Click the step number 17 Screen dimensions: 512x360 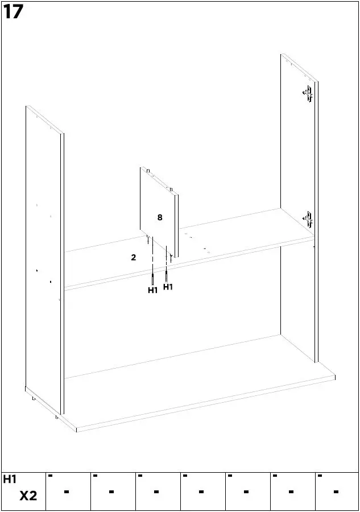tap(13, 12)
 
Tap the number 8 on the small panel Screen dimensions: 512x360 tap(160, 217)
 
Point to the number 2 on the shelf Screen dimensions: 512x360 tap(134, 258)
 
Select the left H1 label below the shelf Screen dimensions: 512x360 tap(152, 291)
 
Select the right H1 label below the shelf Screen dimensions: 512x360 tap(168, 287)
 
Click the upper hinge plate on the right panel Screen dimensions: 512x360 tap(308, 93)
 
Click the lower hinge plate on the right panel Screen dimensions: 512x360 tap(308, 220)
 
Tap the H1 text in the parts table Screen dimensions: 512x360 tap(10, 480)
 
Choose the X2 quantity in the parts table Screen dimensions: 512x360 tap(28, 496)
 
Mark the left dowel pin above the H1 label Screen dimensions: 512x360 tap(152, 279)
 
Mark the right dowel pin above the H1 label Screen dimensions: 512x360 tap(166, 276)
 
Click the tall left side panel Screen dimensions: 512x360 tap(43, 256)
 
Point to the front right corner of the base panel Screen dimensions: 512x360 tap(334, 377)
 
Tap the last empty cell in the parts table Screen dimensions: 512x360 tap(337, 492)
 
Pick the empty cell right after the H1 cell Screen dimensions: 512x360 tap(68, 492)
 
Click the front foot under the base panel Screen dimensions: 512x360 tap(57, 417)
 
